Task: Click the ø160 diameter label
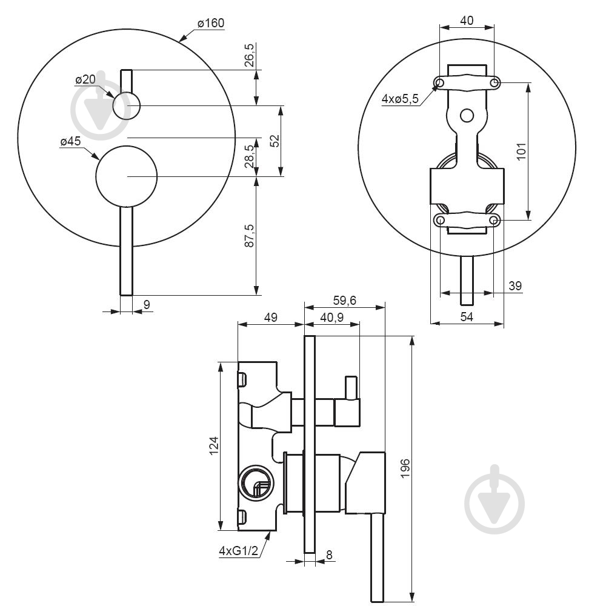click(211, 24)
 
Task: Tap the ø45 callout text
click(70, 142)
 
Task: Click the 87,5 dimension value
click(249, 236)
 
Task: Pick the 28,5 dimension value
click(249, 156)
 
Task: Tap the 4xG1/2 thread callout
click(238, 551)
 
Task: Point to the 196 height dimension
click(405, 469)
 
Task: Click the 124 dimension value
click(213, 445)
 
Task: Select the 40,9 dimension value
click(331, 317)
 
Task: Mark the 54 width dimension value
click(465, 316)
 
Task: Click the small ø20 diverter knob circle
click(127, 105)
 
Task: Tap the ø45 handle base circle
click(127, 176)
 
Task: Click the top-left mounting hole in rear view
click(440, 82)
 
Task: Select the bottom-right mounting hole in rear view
click(495, 219)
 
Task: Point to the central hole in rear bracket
click(467, 115)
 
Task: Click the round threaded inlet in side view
click(255, 482)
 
